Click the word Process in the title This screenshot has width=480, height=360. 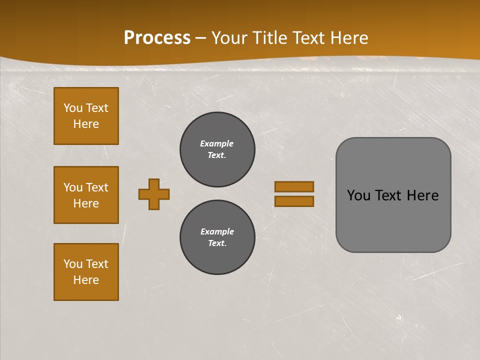click(x=157, y=38)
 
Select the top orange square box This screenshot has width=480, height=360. click(x=86, y=116)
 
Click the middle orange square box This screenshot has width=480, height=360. click(x=86, y=195)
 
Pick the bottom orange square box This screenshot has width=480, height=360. click(x=86, y=272)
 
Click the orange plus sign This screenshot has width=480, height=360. click(x=154, y=194)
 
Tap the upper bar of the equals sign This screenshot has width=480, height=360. click(x=294, y=186)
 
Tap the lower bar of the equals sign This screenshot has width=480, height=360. click(x=294, y=201)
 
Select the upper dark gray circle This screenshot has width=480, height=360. click(x=217, y=149)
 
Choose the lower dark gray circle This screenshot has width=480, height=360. click(x=217, y=237)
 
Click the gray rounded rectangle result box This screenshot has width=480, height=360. click(x=393, y=220)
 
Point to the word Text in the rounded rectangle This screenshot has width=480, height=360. click(x=388, y=195)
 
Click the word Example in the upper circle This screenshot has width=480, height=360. click(x=216, y=143)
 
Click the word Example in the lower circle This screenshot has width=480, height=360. click(x=217, y=231)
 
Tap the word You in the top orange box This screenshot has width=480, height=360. click(x=73, y=108)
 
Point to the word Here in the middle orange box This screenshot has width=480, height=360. click(x=86, y=203)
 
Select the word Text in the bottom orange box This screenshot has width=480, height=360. click(x=97, y=264)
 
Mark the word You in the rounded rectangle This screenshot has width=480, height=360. click(x=358, y=195)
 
